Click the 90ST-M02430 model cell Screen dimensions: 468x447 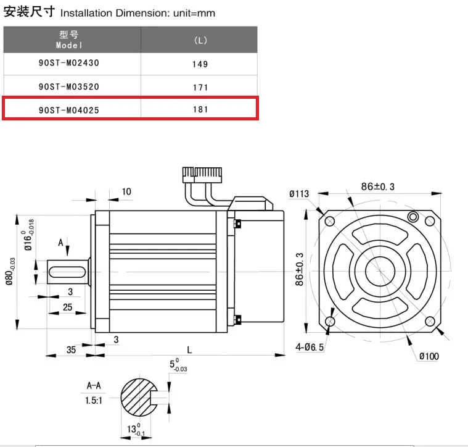tap(68, 63)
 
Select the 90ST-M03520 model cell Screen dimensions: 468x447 tap(68, 87)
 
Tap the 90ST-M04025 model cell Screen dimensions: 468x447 tap(68, 110)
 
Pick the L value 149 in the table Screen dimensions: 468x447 tap(200, 64)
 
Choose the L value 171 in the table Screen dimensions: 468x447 tap(200, 87)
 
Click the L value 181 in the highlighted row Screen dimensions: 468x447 tap(200, 110)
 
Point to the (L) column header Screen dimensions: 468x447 tap(200, 40)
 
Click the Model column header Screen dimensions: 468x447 tap(68, 40)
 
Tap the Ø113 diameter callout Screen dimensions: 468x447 tap(299, 193)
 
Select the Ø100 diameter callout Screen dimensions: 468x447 tap(429, 356)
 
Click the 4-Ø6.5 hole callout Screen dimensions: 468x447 tap(310, 348)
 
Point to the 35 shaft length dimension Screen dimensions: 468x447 tap(72, 349)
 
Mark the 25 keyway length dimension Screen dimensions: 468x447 tap(67, 307)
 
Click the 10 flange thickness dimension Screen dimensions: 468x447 tap(126, 191)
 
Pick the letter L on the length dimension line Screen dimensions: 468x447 tap(189, 349)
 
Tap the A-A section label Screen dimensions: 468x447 tap(94, 386)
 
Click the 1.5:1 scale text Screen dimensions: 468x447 tap(94, 400)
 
